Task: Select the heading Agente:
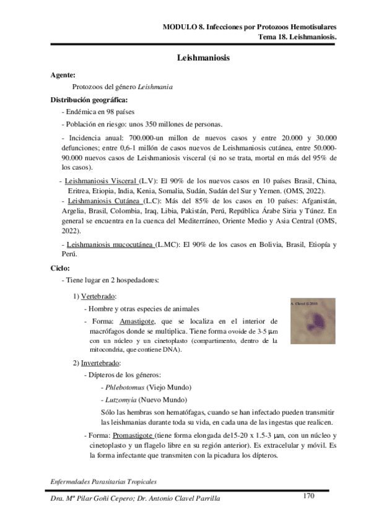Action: click(63, 76)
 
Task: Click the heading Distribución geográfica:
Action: click(90, 99)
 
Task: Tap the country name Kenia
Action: click(159, 189)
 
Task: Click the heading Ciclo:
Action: click(61, 267)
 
